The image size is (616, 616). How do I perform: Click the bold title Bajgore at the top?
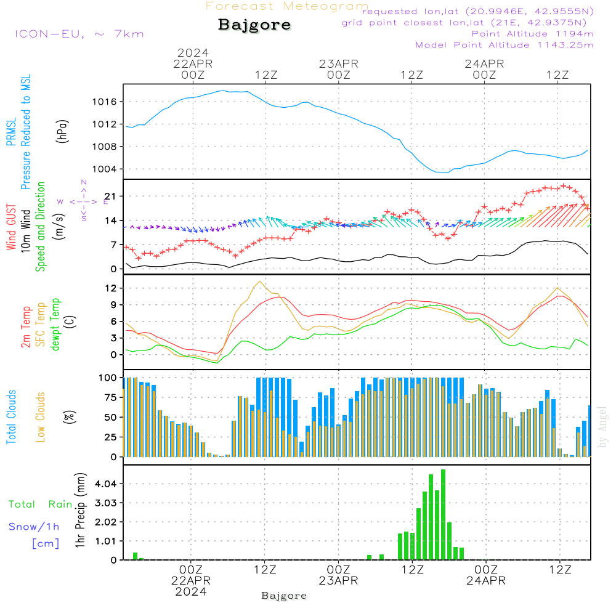tap(254, 25)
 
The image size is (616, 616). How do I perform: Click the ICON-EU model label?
tap(79, 34)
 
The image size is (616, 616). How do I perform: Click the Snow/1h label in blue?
tap(34, 527)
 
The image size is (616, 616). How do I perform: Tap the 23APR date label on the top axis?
tap(338, 63)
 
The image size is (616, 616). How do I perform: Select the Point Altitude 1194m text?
tap(532, 33)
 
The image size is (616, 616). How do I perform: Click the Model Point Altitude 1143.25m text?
tap(505, 45)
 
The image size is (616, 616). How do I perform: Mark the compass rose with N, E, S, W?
tap(84, 201)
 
